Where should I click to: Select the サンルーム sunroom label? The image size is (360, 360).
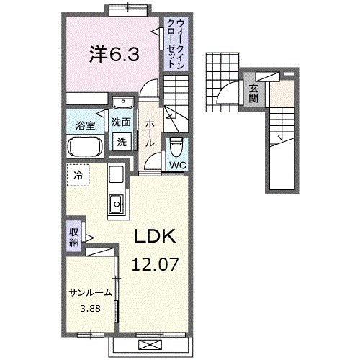[90, 293]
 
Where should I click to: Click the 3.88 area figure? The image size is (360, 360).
[90, 310]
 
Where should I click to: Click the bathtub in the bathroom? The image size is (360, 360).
[86, 148]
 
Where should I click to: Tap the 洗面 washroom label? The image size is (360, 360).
[121, 122]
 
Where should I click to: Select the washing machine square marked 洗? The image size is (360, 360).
[122, 143]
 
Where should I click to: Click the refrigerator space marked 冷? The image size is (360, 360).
[80, 174]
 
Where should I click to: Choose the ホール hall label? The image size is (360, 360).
[150, 133]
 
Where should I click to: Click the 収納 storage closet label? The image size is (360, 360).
[74, 237]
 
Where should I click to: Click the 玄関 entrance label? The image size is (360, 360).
[254, 94]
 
